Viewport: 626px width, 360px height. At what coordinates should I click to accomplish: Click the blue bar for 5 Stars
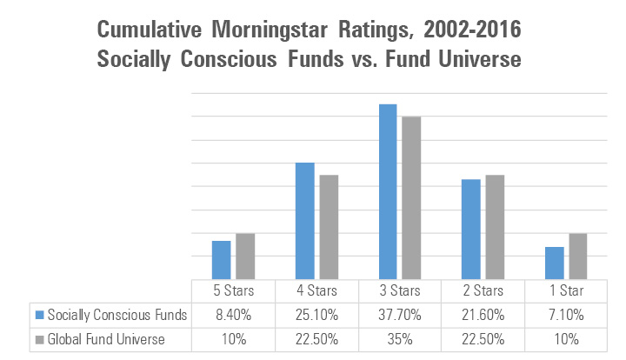tap(222, 259)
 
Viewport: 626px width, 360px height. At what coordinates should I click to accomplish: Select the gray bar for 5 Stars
tap(245, 256)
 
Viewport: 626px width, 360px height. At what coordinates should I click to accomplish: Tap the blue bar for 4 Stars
tap(304, 221)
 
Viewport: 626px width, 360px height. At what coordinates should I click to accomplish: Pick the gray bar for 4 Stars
tap(329, 226)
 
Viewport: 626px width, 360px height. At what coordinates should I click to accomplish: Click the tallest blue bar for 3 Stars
tap(388, 191)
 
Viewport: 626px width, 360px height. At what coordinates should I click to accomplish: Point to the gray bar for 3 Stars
tap(412, 197)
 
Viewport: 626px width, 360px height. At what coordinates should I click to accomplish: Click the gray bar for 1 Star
tap(578, 256)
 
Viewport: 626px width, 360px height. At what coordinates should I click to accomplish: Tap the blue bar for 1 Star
tap(555, 263)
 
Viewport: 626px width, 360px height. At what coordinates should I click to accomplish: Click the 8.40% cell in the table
tap(232, 313)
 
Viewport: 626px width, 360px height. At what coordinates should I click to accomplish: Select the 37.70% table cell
tap(398, 313)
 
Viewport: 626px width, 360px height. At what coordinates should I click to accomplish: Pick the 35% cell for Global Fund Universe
tap(398, 337)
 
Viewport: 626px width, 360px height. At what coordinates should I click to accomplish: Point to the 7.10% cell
tap(565, 313)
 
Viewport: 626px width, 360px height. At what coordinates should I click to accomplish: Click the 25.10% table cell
tap(316, 313)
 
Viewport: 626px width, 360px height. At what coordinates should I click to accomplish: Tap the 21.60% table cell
tap(482, 313)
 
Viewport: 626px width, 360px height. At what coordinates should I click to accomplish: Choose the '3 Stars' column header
tap(398, 290)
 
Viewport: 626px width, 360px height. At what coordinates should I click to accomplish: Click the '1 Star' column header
tap(565, 290)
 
